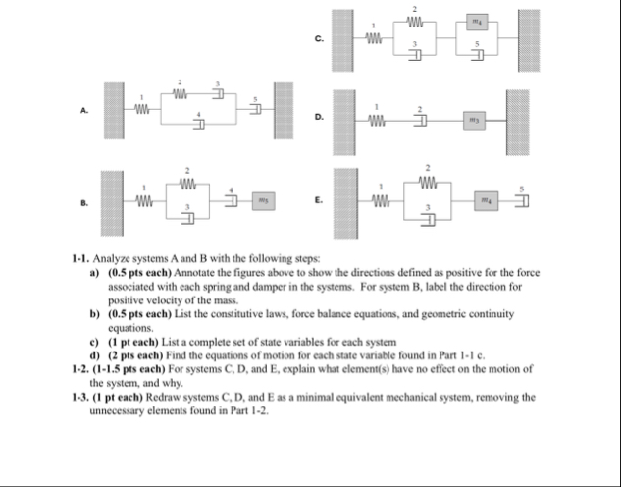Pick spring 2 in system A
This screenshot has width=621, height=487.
(181, 95)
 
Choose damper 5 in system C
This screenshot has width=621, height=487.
(479, 53)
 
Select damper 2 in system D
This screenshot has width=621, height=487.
(424, 120)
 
